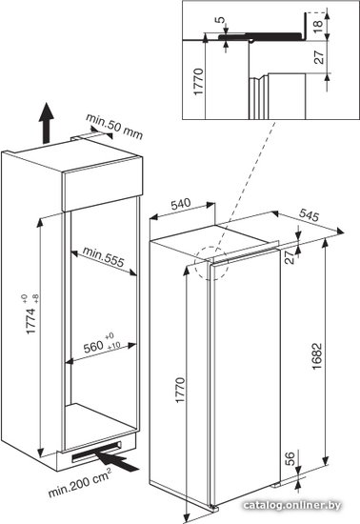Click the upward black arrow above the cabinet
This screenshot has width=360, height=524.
coord(46,123)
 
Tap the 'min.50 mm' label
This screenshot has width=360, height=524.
coord(114,127)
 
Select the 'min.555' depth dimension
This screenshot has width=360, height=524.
coord(103,256)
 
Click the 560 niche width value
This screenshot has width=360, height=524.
coord(93,347)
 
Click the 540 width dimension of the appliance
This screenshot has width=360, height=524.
coord(181,204)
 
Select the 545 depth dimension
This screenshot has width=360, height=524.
coord(309,215)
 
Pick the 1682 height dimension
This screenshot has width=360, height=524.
coord(316,356)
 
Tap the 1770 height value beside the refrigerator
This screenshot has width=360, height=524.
coord(180,390)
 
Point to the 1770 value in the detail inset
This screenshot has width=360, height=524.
coord(198,82)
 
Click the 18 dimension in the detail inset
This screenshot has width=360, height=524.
coord(318,24)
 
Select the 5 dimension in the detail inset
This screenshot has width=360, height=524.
coord(220,20)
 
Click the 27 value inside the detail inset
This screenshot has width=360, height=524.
coord(319,57)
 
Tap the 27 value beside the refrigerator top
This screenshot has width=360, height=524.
coord(290,257)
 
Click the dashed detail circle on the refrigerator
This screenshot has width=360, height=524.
coord(211,263)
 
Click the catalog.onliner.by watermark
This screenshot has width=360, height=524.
coord(292,505)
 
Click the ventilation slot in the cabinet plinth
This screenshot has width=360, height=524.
coord(96,452)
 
